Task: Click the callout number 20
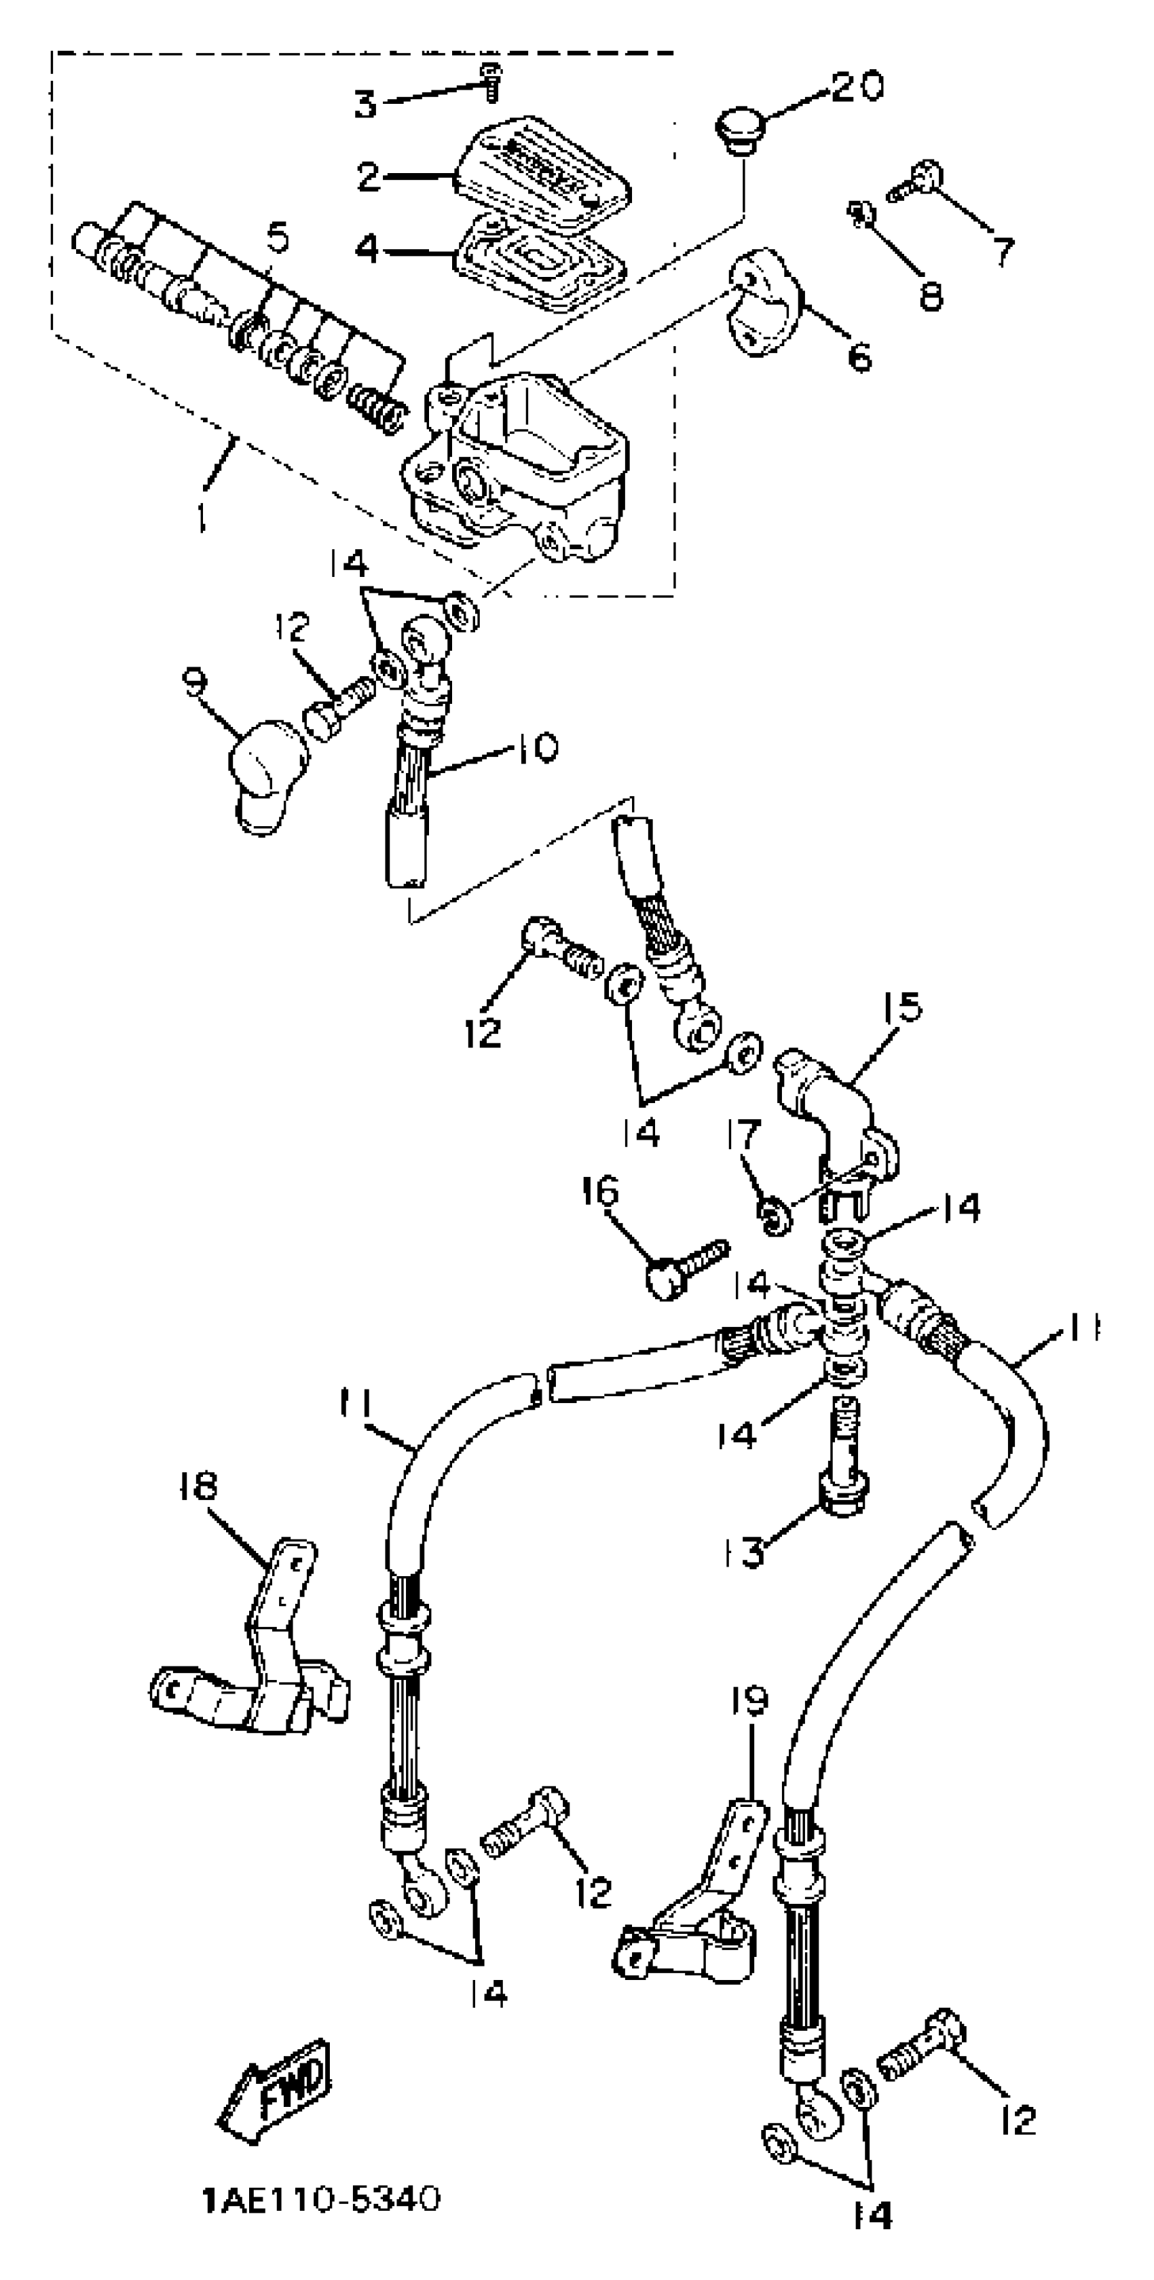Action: point(857,88)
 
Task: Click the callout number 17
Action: point(743,1136)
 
